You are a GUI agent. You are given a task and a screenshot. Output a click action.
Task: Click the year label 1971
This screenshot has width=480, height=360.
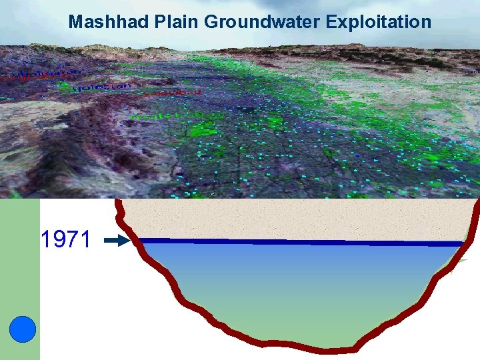coord(65,239)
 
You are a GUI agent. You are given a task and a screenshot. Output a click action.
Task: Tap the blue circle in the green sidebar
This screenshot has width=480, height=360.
coord(23,329)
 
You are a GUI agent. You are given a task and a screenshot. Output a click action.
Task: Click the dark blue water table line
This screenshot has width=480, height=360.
coord(300,242)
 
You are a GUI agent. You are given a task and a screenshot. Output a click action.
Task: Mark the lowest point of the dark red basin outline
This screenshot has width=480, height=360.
coord(327,348)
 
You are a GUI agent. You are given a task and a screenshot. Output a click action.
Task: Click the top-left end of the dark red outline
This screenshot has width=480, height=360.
coord(119,202)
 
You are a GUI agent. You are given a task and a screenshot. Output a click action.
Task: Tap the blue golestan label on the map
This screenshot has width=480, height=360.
coord(100,88)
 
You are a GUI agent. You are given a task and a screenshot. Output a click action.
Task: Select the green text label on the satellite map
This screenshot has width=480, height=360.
coord(167,115)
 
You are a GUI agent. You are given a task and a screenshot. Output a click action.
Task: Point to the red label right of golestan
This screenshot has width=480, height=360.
coord(172,92)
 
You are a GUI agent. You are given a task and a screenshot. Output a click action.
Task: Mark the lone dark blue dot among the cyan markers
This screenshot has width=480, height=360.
coord(357,155)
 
